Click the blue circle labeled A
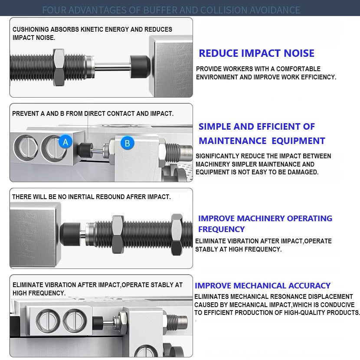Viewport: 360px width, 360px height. [65, 142]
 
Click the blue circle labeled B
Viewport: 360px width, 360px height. [128, 143]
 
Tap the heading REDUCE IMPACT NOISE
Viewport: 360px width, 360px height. [256, 53]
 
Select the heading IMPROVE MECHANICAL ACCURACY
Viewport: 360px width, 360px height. [262, 285]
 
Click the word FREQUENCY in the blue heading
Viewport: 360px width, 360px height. [221, 229]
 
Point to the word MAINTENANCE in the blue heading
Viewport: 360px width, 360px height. [232, 141]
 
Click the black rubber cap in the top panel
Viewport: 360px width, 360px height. [140, 67]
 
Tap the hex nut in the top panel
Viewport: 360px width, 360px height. [59, 67]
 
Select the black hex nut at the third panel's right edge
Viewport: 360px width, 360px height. [177, 234]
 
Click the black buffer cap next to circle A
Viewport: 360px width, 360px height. [85, 150]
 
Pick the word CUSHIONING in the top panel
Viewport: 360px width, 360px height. [31, 29]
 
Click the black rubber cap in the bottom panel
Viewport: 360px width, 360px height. [98, 323]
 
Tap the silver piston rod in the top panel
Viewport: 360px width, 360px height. [112, 67]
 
